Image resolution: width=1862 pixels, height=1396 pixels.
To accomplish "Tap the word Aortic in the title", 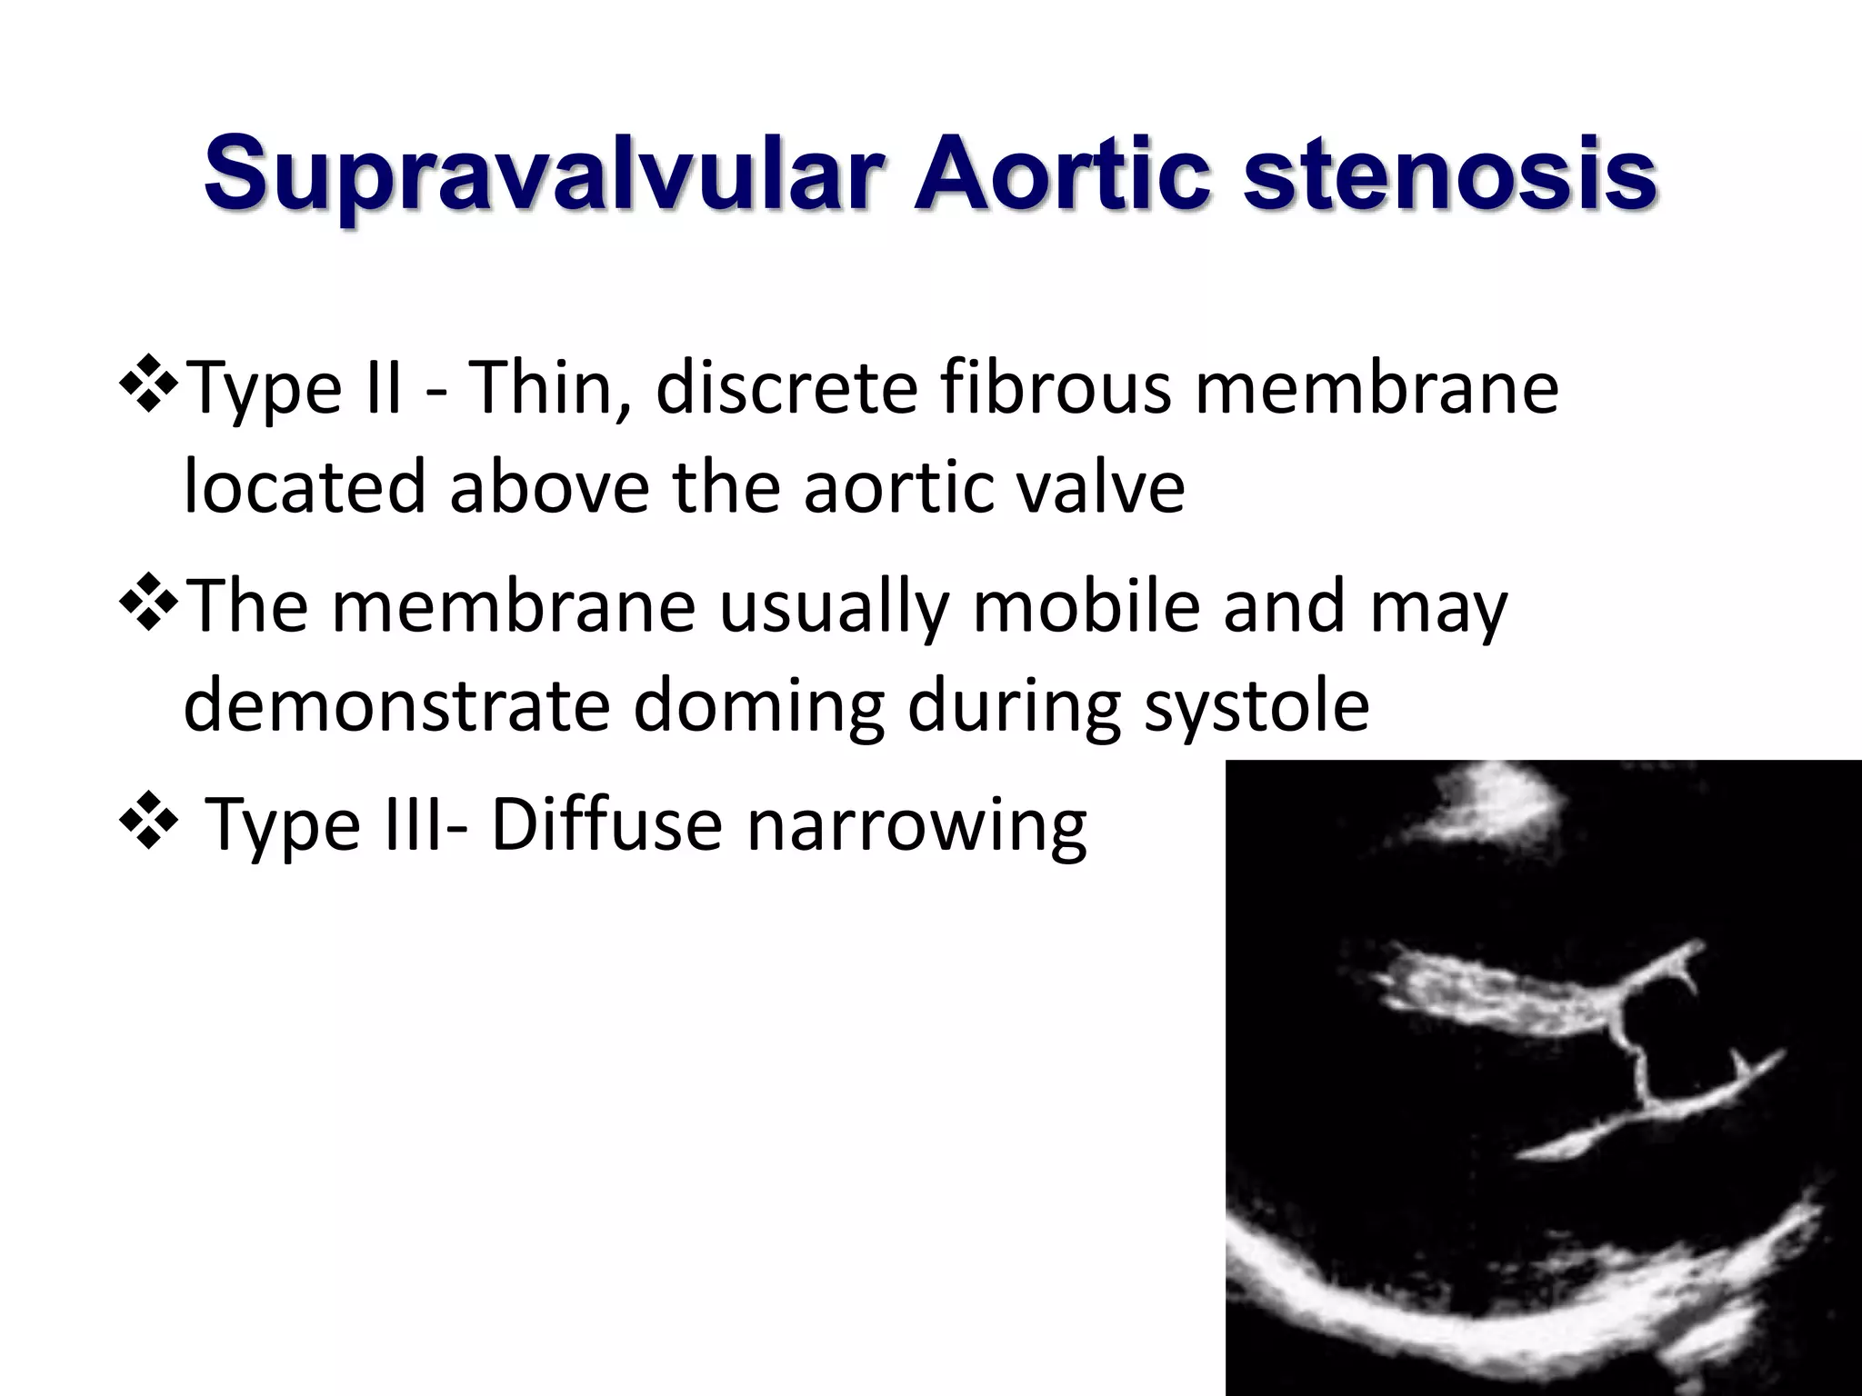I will click(1063, 173).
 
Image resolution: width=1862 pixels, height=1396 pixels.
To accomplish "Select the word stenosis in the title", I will click(1449, 173).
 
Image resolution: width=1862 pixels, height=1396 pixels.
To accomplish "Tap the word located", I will click(305, 487).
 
